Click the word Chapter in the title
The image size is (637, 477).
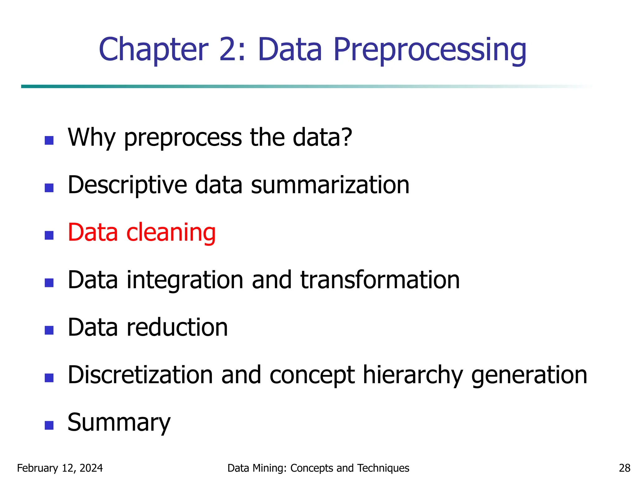[x=153, y=50]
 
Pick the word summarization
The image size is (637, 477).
[x=330, y=185]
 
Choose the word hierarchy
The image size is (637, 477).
[x=413, y=375]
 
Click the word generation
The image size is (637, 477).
[x=529, y=375]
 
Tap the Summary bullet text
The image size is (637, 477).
[x=119, y=423]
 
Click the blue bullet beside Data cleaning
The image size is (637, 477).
[x=49, y=235]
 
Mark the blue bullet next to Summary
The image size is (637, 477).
[x=49, y=425]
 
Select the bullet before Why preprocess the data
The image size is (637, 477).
[x=49, y=140]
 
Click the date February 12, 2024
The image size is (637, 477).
[x=60, y=468]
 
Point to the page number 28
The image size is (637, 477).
[x=625, y=468]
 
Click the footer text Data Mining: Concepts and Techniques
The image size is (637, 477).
[x=318, y=468]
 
